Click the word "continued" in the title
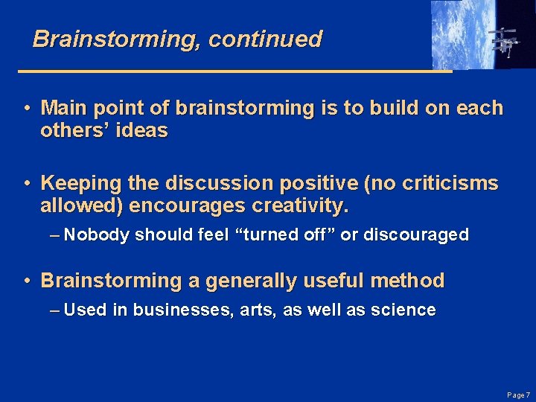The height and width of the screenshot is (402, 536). [265, 39]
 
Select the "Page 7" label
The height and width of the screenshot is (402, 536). [518, 394]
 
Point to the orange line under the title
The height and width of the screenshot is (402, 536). [234, 71]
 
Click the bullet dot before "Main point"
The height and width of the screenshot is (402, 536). [26, 109]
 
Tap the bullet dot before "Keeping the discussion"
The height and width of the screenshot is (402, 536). [26, 183]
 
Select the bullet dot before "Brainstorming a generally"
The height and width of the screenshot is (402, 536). [26, 281]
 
